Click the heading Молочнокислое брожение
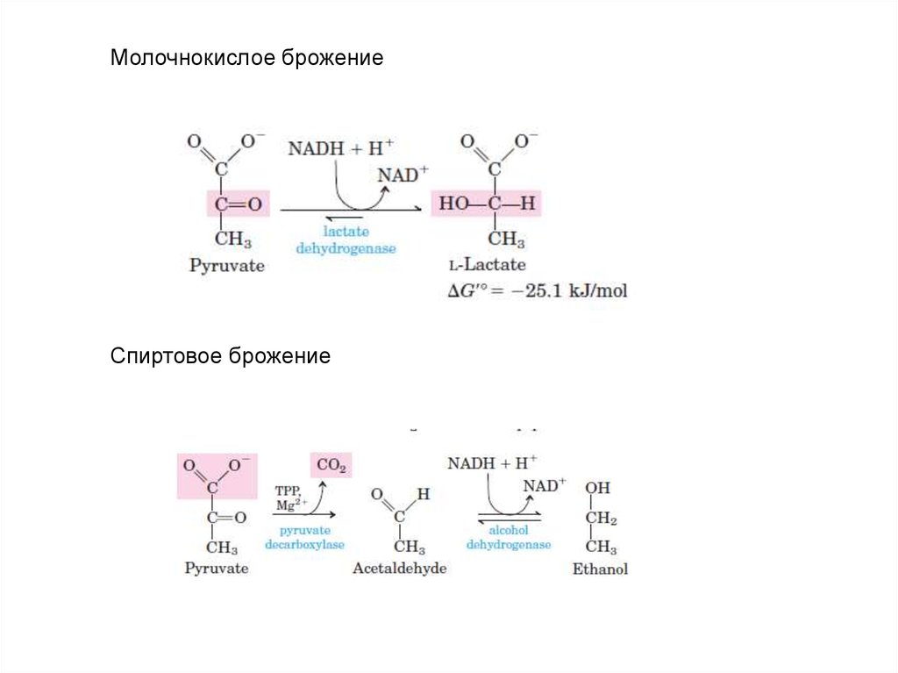point(246,60)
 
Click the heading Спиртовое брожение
point(220,357)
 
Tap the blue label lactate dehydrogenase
point(346,240)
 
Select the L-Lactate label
point(487,264)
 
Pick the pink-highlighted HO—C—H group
point(487,204)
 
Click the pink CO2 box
point(331,467)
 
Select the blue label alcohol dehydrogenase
point(509,538)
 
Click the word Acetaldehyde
point(399,569)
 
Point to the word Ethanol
point(600,569)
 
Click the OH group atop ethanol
point(597,488)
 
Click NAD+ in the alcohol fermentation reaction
point(545,485)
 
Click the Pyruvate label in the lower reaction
point(217,569)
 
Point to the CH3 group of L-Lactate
point(506,239)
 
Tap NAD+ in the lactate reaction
point(397,175)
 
